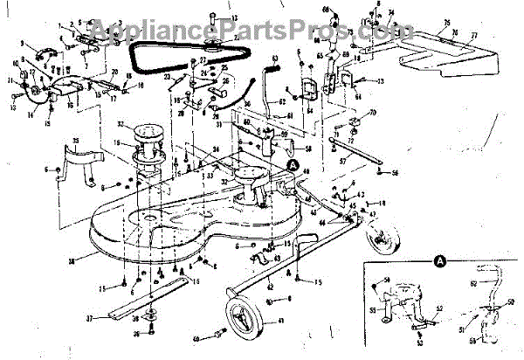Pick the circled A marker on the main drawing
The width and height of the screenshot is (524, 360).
pyautogui.click(x=292, y=163)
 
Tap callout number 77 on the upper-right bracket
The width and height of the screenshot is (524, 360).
pyautogui.click(x=474, y=37)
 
